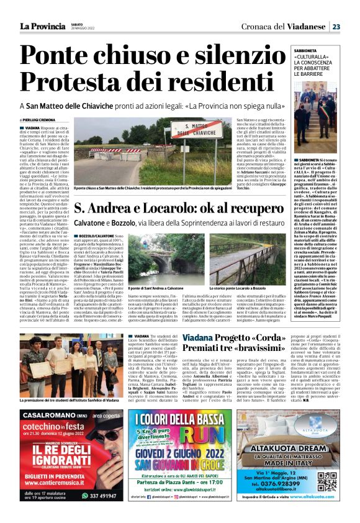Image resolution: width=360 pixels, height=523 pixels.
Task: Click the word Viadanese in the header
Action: [x=308, y=26]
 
